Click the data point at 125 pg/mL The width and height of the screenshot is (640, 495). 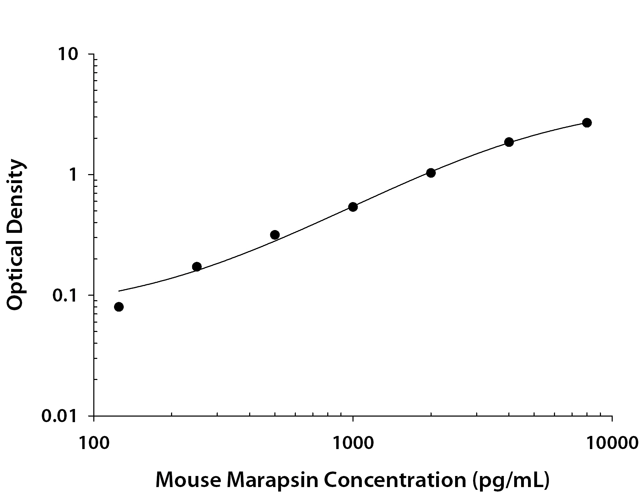click(119, 307)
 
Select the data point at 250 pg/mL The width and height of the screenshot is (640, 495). click(197, 267)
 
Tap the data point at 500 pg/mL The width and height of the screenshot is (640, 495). click(275, 235)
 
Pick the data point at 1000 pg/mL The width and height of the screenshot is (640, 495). click(353, 207)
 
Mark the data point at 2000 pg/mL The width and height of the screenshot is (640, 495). click(431, 173)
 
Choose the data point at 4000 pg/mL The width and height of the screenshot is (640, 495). click(509, 142)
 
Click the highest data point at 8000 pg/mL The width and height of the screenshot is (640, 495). click(587, 123)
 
